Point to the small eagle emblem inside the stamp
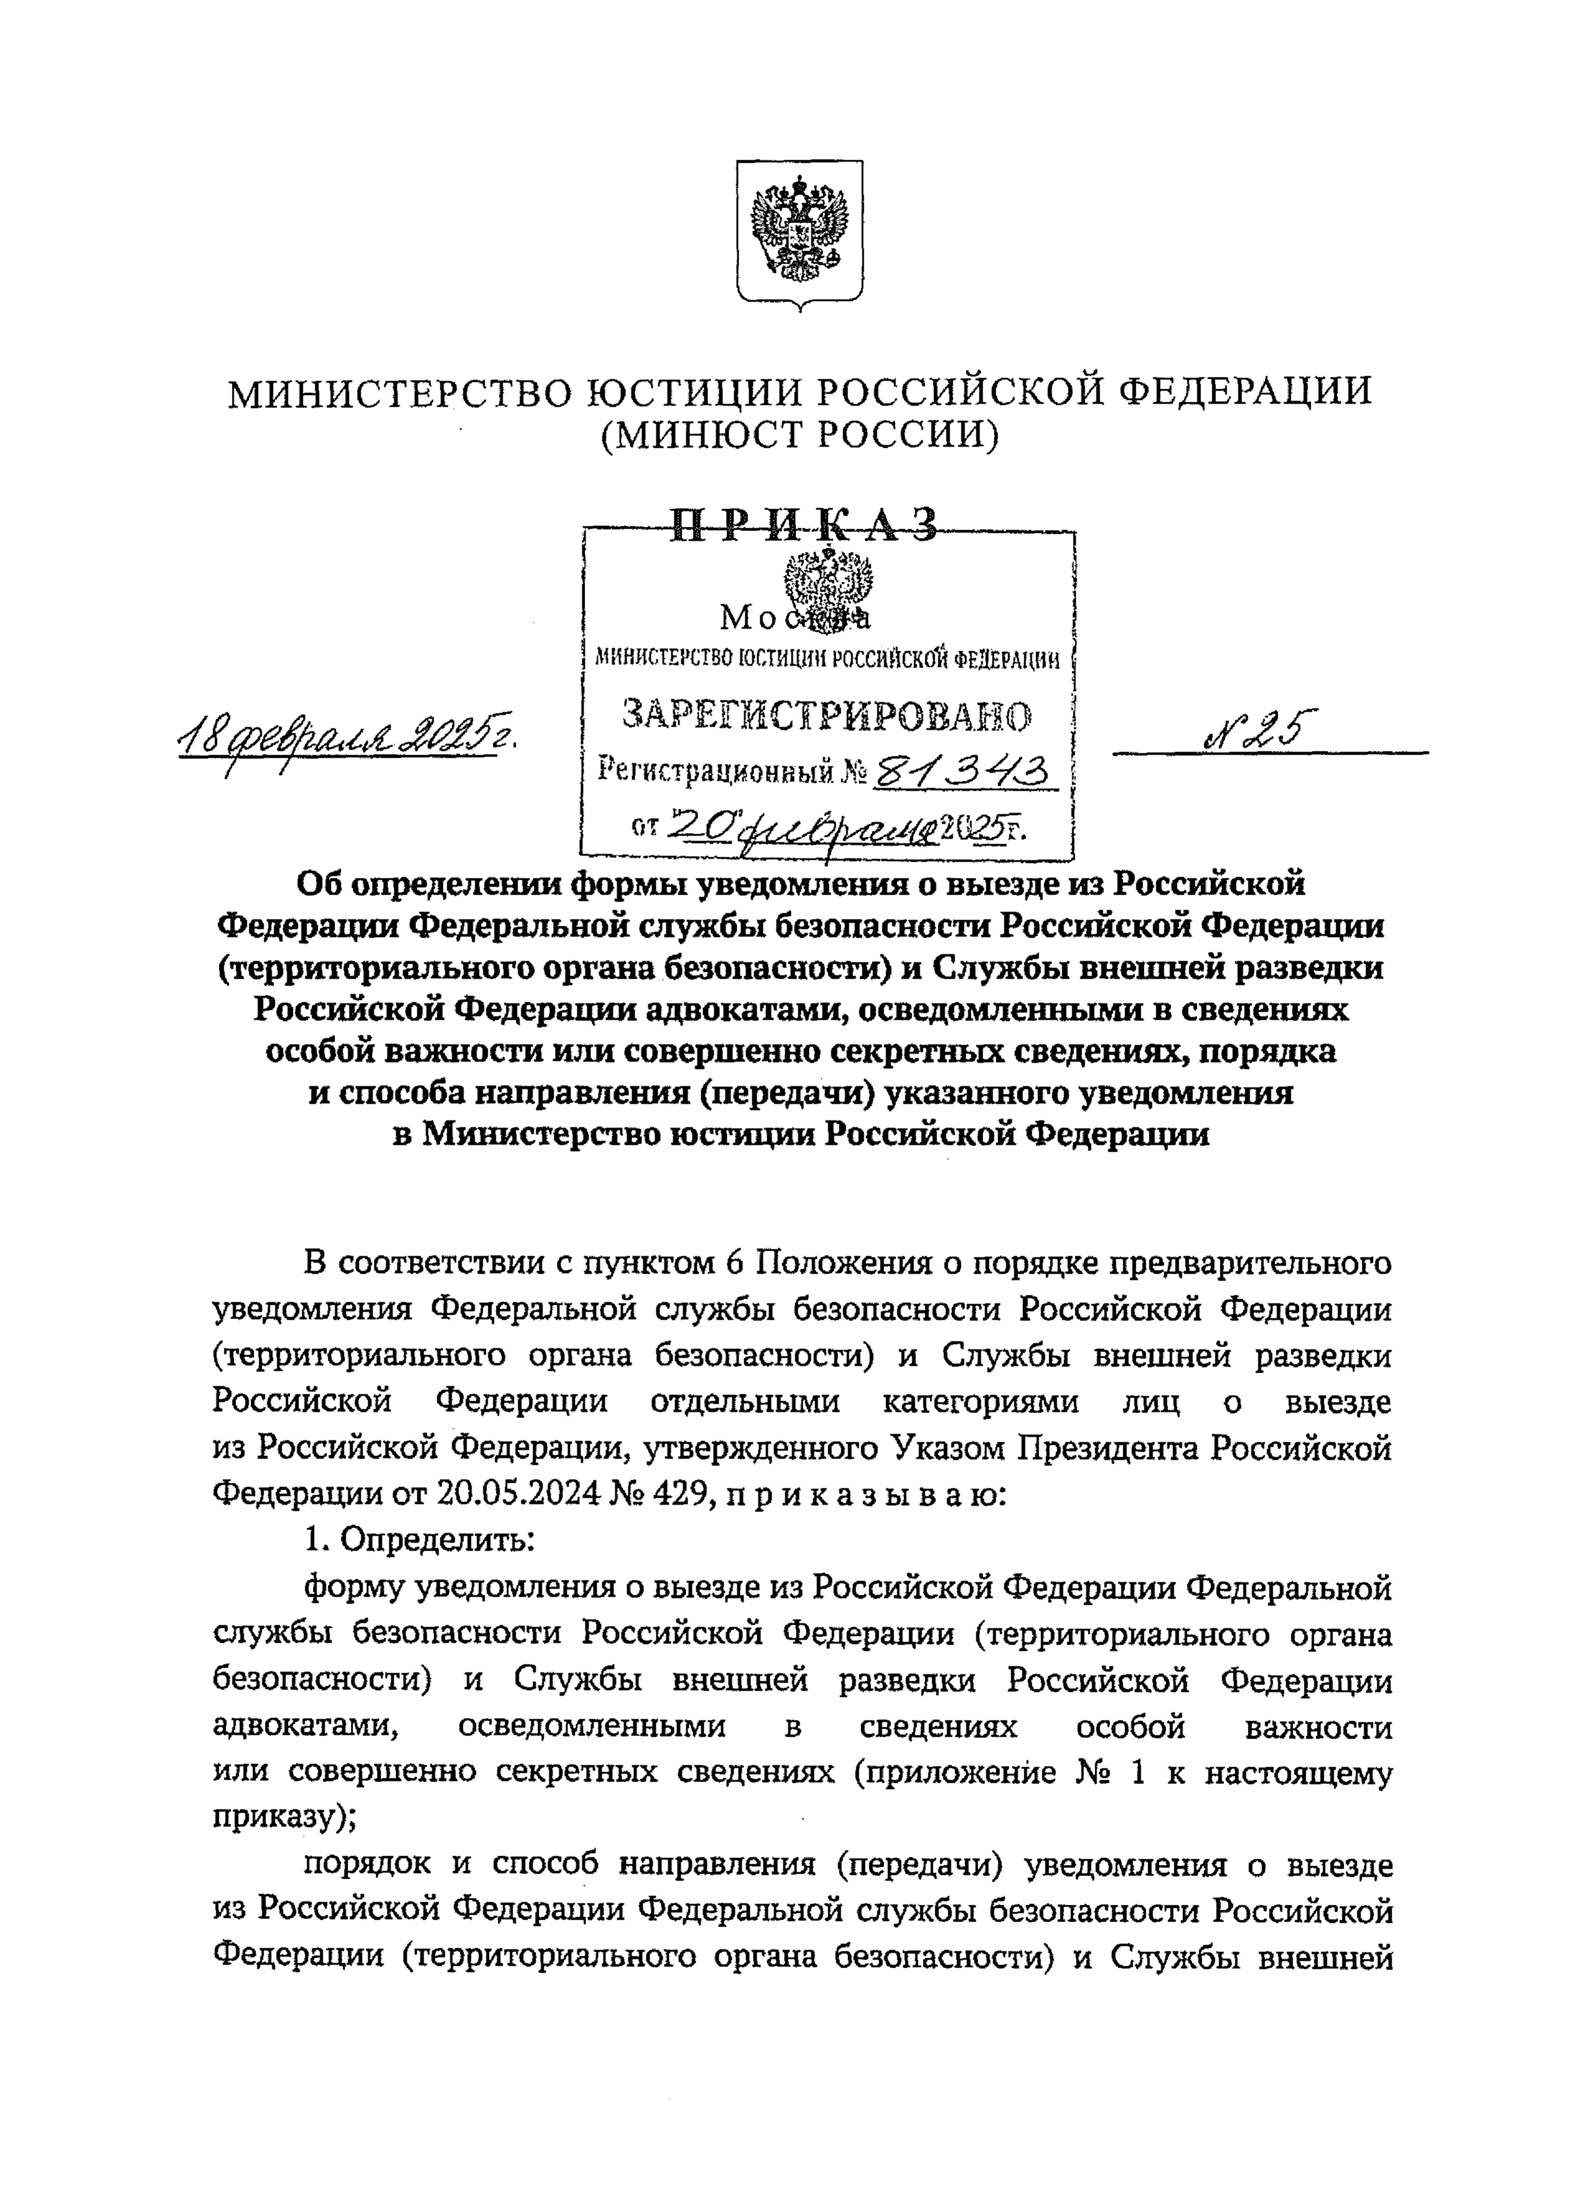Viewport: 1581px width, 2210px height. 828,584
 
